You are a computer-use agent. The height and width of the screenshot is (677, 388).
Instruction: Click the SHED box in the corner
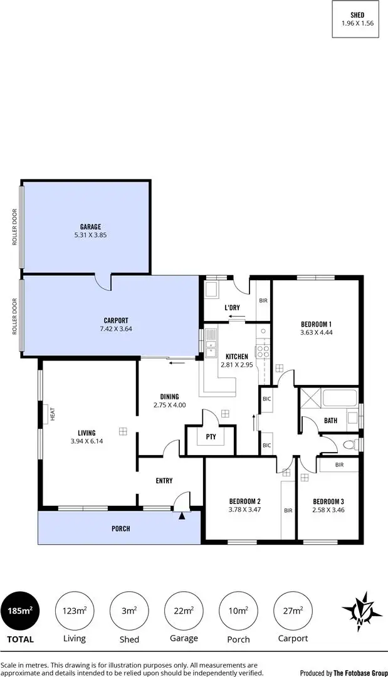point(357,19)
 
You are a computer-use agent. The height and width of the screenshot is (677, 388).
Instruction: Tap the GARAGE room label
point(90,227)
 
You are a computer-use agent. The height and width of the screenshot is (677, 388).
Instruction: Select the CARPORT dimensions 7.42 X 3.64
point(116,328)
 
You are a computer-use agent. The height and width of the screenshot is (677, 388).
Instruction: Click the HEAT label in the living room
point(53,414)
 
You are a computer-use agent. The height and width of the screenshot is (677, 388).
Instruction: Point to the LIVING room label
point(87,433)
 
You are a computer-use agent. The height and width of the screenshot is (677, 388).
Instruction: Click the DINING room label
point(169,396)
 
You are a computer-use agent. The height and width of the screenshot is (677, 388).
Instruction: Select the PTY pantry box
point(211,438)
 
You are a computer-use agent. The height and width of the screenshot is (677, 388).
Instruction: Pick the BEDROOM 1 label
point(316,323)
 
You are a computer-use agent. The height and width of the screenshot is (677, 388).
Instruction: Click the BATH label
point(331,421)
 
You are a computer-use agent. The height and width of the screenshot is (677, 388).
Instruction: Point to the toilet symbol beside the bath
point(350,445)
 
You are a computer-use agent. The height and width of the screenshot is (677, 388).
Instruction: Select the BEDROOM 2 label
point(244,501)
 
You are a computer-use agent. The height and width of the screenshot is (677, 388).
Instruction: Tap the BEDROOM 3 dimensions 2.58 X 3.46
point(329,510)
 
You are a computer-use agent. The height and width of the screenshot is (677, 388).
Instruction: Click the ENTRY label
point(164,481)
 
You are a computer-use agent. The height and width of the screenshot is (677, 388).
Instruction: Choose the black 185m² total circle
point(20,610)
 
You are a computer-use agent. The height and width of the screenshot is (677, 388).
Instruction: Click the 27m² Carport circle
point(292,610)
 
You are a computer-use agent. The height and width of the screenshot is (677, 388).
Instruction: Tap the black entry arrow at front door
point(182,515)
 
